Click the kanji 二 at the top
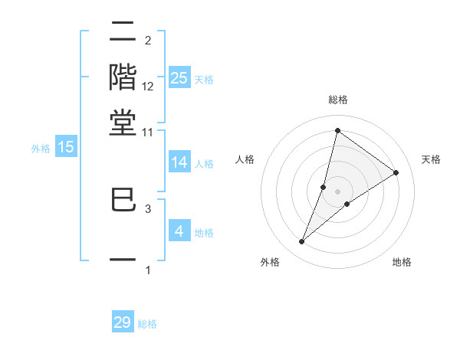coord(123,33)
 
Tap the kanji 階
coord(123,77)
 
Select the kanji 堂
coord(123,122)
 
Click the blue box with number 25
coord(179,77)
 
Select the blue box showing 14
coord(179,162)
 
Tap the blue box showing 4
coord(179,231)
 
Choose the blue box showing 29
coord(123,322)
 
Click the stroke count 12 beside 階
coord(148,87)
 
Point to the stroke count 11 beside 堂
coord(148,132)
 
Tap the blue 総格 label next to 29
coord(147,324)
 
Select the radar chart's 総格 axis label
coord(337,100)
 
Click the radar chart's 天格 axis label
coord(431,159)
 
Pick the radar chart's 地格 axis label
coord(402,262)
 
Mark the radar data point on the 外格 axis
coord(302,242)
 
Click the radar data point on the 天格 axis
coord(396,172)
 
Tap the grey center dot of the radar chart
coord(338,191)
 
